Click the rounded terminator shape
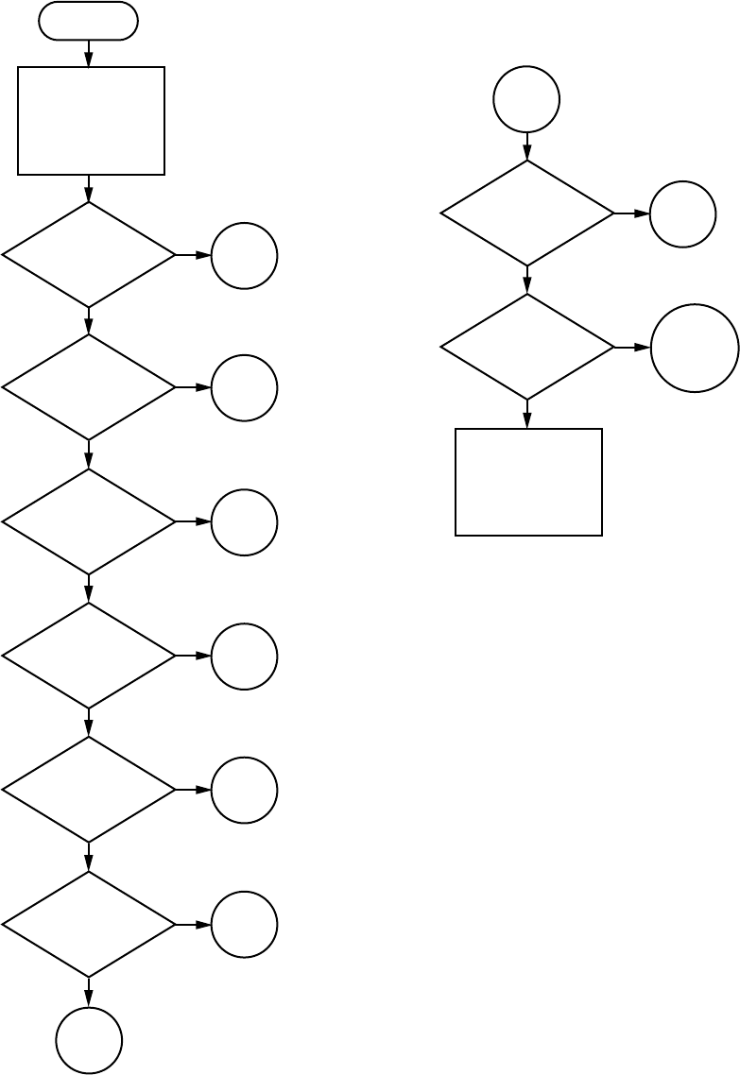88,21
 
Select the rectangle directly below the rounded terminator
91,121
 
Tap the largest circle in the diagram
695,348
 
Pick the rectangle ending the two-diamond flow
528,483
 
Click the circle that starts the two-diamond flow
526,99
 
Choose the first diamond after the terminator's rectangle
89,255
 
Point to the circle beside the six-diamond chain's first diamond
244,256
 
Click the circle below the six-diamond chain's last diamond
89,1040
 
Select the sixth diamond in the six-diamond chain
89,924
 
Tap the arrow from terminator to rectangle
89,54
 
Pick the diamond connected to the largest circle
526,347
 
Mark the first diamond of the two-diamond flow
526,213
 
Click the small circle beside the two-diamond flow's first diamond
682,214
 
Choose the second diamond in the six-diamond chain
89,387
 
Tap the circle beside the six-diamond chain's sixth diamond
244,924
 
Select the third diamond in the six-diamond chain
89,521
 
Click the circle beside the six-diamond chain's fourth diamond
244,657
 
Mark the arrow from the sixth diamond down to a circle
89,992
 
